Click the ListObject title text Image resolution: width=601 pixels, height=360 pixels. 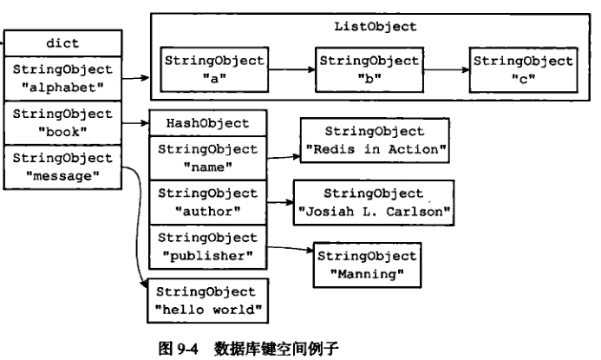tap(375, 27)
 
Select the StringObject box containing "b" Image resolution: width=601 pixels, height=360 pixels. tap(369, 68)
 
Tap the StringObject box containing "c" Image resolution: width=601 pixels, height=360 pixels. tap(522, 68)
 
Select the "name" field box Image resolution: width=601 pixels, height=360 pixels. tap(207, 157)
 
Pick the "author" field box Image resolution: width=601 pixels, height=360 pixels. tap(207, 202)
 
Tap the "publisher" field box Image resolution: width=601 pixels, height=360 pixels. tap(207, 246)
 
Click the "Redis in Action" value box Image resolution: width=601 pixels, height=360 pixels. tap(376, 141)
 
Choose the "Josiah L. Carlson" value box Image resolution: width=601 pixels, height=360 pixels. tap(375, 201)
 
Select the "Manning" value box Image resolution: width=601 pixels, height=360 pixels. tap(367, 265)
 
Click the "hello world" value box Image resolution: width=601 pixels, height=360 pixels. tap(206, 300)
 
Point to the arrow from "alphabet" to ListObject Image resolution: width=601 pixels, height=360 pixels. tap(134, 78)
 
